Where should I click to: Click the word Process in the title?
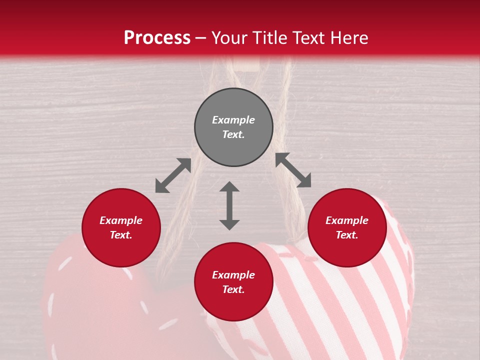pos(157,38)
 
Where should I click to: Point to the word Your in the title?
pos(230,38)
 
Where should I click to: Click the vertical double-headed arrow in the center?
pos(229,205)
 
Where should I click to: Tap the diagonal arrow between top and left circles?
pos(173,175)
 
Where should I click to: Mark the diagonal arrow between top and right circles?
pos(293,170)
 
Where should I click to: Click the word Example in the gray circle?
pos(233,120)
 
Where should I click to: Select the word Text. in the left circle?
pos(121,235)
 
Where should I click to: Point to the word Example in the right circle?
pos(347,220)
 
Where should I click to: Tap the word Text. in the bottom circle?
pos(233,289)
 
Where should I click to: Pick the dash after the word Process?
pos(200,38)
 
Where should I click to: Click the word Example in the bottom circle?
pos(233,275)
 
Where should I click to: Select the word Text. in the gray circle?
pos(233,134)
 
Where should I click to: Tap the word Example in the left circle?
pos(121,220)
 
